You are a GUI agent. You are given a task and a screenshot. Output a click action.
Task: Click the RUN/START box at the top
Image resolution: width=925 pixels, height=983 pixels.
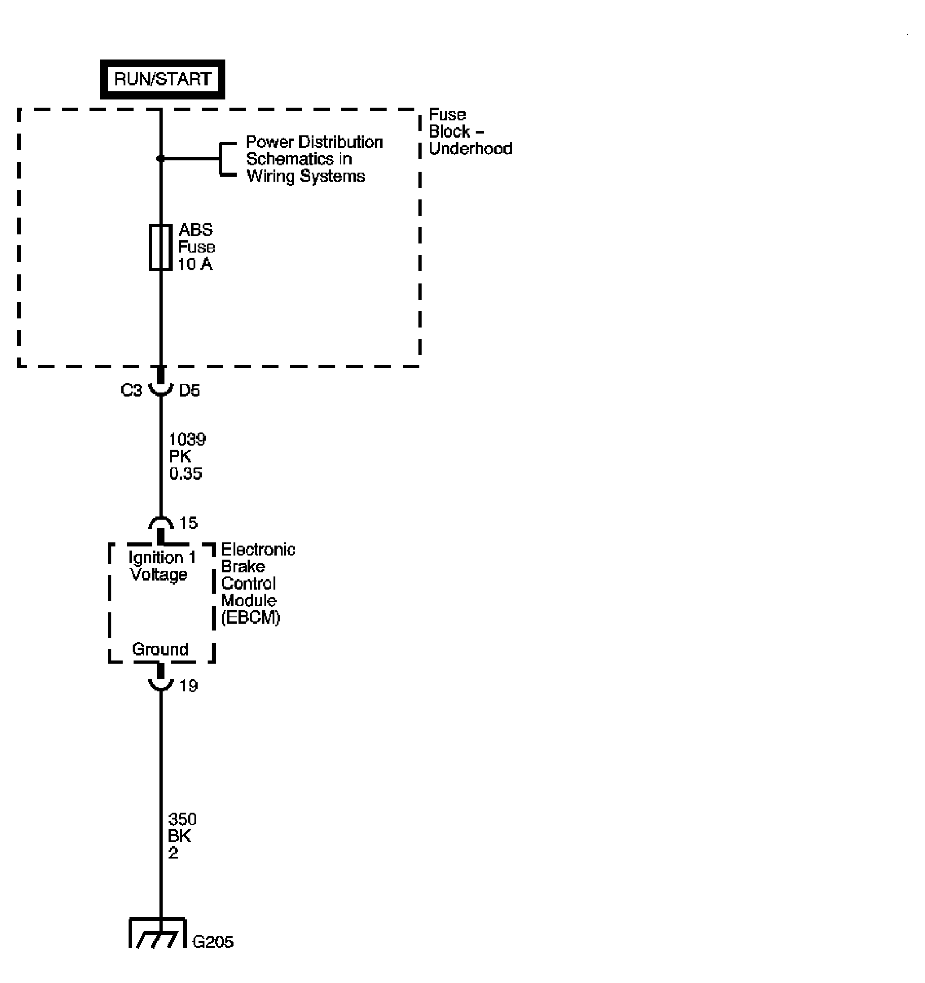pos(162,79)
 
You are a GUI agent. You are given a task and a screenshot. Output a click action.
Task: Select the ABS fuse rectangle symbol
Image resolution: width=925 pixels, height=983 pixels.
pos(161,247)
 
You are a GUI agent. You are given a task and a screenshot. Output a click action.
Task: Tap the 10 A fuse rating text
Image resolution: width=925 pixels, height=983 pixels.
pos(195,264)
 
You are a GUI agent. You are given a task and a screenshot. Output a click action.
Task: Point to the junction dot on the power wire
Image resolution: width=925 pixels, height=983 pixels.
pos(160,159)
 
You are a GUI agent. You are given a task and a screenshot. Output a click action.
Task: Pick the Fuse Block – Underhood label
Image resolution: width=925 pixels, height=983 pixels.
pos(470,132)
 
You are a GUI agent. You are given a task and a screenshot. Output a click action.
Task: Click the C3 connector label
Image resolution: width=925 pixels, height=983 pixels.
pos(131,390)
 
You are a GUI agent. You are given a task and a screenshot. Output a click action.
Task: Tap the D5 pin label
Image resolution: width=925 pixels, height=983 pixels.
pos(189,390)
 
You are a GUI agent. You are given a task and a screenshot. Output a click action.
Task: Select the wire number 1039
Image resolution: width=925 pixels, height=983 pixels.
pos(187,439)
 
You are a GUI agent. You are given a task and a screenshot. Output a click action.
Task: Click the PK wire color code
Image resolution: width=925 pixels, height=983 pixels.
pos(179,456)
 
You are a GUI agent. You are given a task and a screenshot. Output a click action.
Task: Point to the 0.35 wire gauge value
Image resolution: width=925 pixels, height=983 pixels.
pos(185,473)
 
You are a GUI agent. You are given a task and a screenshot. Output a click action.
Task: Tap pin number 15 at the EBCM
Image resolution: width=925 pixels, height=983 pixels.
pos(188,523)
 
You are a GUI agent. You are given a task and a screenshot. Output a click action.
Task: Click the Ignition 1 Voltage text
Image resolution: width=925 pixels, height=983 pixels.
pos(162,566)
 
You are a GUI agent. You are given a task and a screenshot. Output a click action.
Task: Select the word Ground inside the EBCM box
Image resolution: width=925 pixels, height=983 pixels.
pos(160,649)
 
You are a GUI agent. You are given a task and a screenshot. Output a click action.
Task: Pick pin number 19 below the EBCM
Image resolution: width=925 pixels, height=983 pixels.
pos(188,685)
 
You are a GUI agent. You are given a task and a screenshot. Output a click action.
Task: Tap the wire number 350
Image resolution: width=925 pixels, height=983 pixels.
pos(182,819)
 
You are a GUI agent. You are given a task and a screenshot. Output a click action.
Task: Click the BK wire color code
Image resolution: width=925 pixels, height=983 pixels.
pos(179,836)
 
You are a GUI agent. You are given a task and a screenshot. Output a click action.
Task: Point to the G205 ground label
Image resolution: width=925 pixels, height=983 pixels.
pos(213,942)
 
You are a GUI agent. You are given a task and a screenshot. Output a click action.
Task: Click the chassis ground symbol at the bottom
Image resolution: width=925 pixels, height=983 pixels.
pos(157,933)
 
